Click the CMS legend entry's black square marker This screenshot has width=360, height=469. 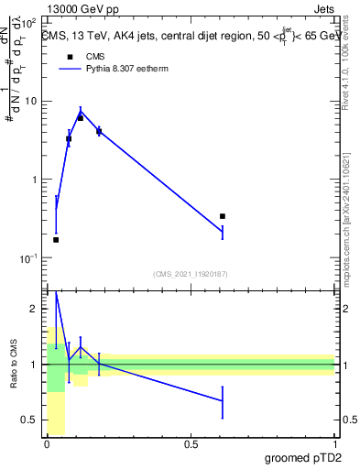tap(69, 58)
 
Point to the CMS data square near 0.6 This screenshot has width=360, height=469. tap(223, 216)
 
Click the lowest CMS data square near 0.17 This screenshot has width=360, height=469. tap(56, 240)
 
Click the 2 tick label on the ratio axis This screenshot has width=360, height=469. tap(35, 310)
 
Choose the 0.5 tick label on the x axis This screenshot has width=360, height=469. tap(191, 444)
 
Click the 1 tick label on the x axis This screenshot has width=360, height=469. tap(334, 444)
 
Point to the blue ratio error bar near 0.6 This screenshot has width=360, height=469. tap(223, 401)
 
